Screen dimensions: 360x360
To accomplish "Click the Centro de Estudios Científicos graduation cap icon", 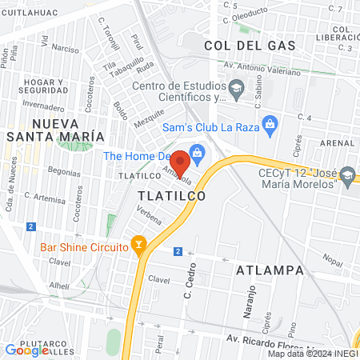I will pos(236,87).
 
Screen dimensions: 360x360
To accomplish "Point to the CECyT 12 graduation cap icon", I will pos(347,174).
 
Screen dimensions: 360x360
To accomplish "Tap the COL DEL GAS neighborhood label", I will pos(240,46).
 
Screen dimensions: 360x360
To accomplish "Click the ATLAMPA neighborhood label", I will pos(270,270).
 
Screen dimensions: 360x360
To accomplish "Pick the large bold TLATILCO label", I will pos(171,195).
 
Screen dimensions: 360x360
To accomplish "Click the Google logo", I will pos(27,350).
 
